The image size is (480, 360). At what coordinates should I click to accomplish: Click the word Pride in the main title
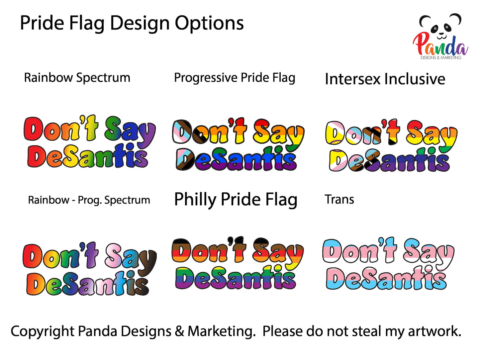point(44,24)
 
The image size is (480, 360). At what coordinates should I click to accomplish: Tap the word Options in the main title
point(209,24)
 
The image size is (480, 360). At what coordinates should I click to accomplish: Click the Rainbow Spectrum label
point(77,78)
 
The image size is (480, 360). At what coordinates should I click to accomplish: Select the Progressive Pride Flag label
point(235,78)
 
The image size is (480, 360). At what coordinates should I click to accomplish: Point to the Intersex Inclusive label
point(385,79)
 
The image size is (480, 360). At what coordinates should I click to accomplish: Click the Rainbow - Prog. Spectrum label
point(89,200)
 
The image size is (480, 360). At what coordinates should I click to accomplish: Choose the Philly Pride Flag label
point(236,200)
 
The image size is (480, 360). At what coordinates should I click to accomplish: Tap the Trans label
point(339,200)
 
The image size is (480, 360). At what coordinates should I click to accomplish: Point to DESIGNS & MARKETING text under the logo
point(440,58)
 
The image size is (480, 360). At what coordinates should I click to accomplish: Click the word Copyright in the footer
point(43,332)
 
